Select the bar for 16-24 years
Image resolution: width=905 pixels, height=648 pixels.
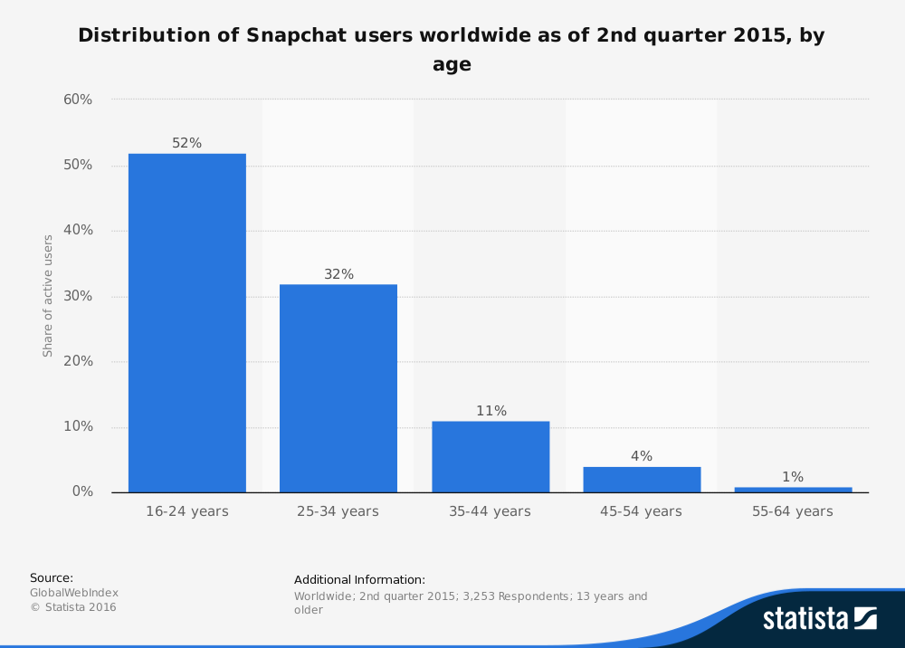coord(187,323)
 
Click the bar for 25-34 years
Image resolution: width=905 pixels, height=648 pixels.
coord(338,388)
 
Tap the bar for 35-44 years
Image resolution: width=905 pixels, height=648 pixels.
coord(491,457)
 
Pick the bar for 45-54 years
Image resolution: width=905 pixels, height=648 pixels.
coord(642,480)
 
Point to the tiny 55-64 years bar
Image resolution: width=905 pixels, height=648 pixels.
coord(793,490)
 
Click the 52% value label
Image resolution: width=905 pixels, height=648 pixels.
coord(187,143)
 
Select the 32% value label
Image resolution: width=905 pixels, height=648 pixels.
coord(338,274)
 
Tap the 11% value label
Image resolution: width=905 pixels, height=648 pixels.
coord(491,411)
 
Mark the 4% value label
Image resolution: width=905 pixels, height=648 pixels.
coord(642,456)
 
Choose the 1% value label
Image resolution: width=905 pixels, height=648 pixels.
coord(793,477)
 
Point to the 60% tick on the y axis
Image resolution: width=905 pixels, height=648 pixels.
coord(78,100)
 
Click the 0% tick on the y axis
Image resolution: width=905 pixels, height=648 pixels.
coord(82,492)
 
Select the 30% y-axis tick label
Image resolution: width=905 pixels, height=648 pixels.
coord(78,296)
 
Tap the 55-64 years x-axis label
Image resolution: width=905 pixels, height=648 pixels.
coord(793,511)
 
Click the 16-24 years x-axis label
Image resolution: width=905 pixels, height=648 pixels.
coord(187,511)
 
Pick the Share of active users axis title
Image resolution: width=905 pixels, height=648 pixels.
coord(48,296)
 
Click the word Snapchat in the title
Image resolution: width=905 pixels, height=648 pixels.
coord(291,36)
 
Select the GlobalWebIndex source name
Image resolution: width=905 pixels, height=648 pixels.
coord(74,593)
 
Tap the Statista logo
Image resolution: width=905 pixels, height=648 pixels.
coord(819,618)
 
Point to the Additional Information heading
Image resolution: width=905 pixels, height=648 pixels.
coord(359,579)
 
